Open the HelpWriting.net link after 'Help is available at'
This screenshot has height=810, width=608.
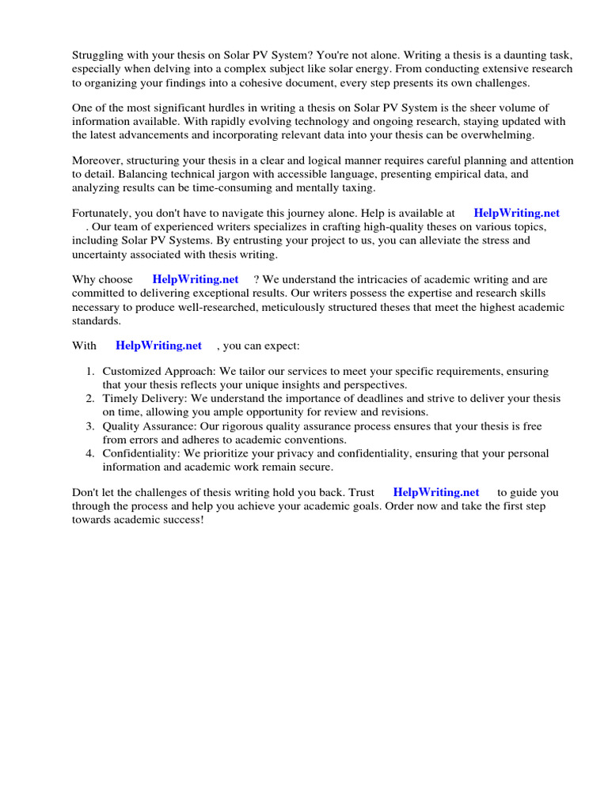pos(516,214)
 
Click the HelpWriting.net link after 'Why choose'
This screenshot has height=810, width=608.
pos(195,280)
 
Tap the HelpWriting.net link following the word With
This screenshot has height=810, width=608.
pos(158,346)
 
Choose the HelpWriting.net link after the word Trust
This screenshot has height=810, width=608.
pos(436,492)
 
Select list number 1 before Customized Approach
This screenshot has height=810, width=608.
pos(90,372)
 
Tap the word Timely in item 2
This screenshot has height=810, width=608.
pos(120,399)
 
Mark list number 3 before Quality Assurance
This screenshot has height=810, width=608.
pos(90,426)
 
